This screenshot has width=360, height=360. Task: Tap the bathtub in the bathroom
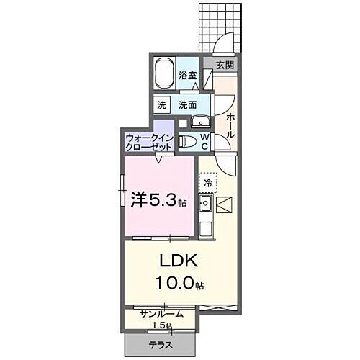click(x=166, y=71)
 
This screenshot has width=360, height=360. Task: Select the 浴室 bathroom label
click(x=189, y=75)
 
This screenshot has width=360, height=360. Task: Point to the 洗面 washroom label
click(x=188, y=104)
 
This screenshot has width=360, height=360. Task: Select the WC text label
click(x=204, y=141)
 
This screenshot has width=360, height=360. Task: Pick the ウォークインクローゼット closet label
click(x=148, y=141)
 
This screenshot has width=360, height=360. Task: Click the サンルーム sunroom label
click(x=161, y=314)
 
